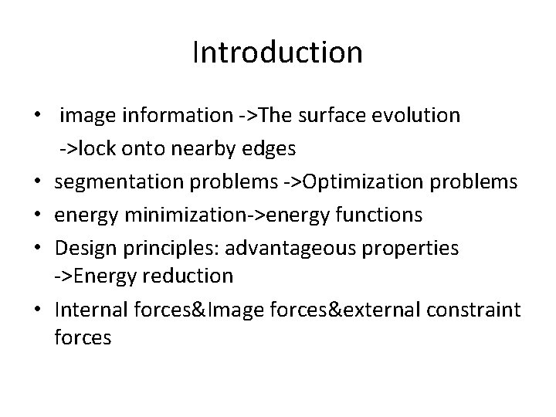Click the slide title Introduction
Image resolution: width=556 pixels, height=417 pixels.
point(277,53)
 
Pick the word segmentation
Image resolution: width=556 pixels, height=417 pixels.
point(115,181)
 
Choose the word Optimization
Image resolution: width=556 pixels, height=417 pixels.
point(360,181)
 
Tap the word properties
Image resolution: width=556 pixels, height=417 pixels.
point(414,248)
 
